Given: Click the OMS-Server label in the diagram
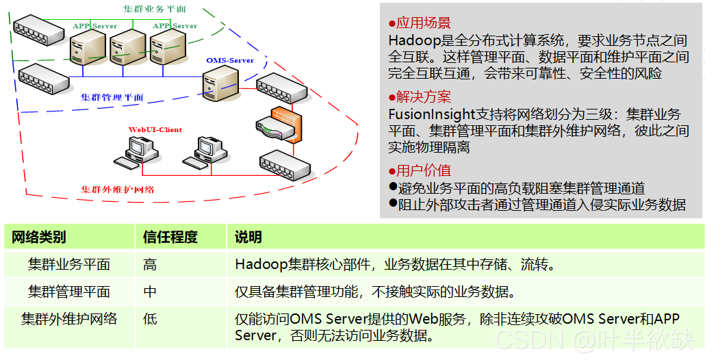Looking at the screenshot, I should tap(230, 60).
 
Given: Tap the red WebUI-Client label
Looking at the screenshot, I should tap(155, 129).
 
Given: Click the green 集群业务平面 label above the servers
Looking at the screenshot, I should tap(154, 9).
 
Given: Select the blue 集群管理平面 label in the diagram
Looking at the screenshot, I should tap(112, 97).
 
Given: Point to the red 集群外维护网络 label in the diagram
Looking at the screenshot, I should tap(118, 189).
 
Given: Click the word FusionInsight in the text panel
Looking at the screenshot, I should tap(431, 114).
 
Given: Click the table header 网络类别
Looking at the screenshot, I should tap(39, 237).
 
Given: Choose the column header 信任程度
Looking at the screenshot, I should tap(170, 237).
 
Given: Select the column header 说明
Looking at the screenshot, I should tap(248, 237).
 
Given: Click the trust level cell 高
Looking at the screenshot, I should tap(150, 265).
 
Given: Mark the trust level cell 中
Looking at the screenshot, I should tap(150, 292).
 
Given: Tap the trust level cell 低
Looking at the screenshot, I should tap(150, 320).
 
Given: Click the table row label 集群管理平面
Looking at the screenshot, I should tap(69, 292).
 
